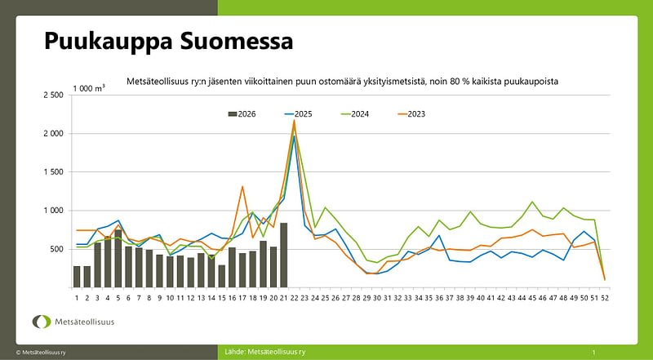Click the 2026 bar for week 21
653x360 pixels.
click(283, 255)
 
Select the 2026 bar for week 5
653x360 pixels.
click(118, 258)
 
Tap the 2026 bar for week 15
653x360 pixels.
click(221, 276)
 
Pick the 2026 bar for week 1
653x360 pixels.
click(77, 277)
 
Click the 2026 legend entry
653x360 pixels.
click(242, 114)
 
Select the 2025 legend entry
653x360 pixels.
click(298, 114)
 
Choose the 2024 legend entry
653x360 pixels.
click(354, 114)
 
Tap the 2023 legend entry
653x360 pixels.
click(411, 114)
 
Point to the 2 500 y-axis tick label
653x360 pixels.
click(53, 95)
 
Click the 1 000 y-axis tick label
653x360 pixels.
click(53, 211)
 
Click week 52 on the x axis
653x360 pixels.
click(604, 298)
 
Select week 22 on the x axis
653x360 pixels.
click(295, 298)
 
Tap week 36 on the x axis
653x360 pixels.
click(439, 298)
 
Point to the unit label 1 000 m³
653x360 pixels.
click(89, 88)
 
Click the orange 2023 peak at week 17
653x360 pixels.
click(242, 187)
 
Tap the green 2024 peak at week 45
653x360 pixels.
click(532, 202)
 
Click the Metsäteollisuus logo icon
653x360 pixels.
click(42, 322)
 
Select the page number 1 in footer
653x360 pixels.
click(594, 352)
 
